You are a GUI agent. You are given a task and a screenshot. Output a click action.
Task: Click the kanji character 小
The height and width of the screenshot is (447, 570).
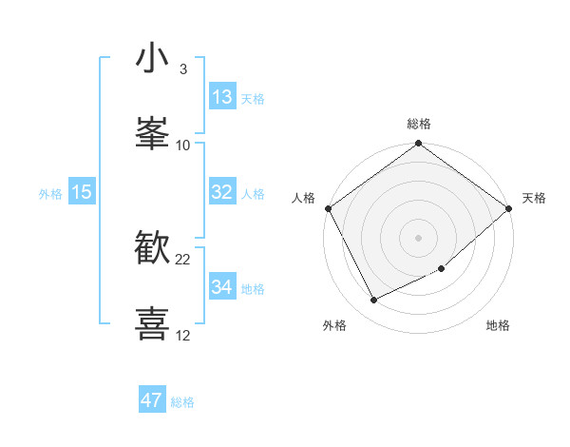coord(152,59)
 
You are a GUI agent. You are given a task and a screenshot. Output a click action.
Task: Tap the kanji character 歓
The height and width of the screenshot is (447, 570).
coord(152,248)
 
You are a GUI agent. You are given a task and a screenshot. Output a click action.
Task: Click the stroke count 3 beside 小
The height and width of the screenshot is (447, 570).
coord(182,69)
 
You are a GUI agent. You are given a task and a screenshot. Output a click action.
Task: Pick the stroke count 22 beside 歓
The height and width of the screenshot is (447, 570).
coord(183,259)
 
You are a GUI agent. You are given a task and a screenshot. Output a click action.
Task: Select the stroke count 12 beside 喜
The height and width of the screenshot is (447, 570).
coord(183,335)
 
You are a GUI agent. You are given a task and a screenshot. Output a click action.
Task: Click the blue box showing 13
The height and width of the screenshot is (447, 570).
coord(222,97)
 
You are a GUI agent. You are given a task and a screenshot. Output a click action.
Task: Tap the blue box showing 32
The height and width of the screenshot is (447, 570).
coord(222,192)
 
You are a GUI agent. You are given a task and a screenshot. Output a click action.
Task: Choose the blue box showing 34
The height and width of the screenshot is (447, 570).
coord(222,287)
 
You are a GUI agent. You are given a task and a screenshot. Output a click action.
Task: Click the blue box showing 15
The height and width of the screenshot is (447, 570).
coord(82,192)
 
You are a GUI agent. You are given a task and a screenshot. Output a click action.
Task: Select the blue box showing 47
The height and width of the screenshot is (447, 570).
coord(152,400)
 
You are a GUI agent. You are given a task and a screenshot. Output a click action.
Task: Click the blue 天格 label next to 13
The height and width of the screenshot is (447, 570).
coord(253,99)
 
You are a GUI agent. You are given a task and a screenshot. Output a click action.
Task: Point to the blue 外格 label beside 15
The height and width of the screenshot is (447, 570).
coord(50,194)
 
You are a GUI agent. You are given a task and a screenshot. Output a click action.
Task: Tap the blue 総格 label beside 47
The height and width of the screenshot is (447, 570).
coord(182,402)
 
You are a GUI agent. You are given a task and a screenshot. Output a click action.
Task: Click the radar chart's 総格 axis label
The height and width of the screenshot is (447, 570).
coord(418,124)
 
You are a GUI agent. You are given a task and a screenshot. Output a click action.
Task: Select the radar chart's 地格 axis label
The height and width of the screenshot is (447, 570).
coord(498,326)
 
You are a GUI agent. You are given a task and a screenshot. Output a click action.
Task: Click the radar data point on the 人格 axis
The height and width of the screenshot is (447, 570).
coord(328,208)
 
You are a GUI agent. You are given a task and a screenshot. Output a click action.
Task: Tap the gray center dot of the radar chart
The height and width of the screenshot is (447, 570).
coord(418,237)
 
